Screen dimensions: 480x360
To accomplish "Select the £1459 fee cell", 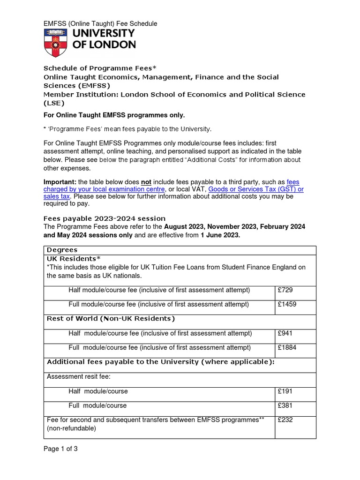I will coord(287,304).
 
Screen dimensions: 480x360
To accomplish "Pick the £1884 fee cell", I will coord(287,348).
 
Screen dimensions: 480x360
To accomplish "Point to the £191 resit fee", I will coord(285,391).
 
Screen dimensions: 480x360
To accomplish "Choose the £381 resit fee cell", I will coord(285,405).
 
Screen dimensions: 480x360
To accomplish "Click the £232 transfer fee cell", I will coord(285,420).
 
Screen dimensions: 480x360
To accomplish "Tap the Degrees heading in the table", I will coord(62,250).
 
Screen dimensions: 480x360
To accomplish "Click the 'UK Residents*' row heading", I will coord(74,258).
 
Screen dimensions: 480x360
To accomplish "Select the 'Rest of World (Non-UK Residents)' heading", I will coord(111,319).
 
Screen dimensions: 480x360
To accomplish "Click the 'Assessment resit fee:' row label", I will coord(78,376).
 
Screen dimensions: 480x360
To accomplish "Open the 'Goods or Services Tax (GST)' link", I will coord(256,189).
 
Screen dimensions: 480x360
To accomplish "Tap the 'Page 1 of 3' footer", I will coord(60,449).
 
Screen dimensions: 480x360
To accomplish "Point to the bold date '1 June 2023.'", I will coord(220,235).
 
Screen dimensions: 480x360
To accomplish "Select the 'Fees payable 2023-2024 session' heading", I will coord(105,218).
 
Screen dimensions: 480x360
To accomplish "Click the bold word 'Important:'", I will coord(60,182).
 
